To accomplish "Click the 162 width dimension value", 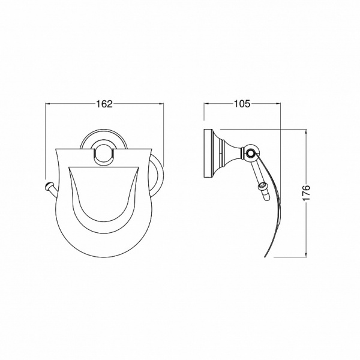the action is (x=104, y=104).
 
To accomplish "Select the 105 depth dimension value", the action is (x=242, y=104).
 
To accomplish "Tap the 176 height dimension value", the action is (x=306, y=193).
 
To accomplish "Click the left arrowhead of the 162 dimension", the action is (x=48, y=104).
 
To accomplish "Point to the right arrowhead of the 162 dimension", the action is (x=161, y=104).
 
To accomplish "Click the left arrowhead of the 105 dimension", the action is (x=206, y=104).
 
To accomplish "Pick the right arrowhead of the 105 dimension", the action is (x=278, y=104).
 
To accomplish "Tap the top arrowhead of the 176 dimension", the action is (x=306, y=132).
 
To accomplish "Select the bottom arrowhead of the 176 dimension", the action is (x=306, y=254).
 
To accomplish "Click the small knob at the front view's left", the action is (x=49, y=185).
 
